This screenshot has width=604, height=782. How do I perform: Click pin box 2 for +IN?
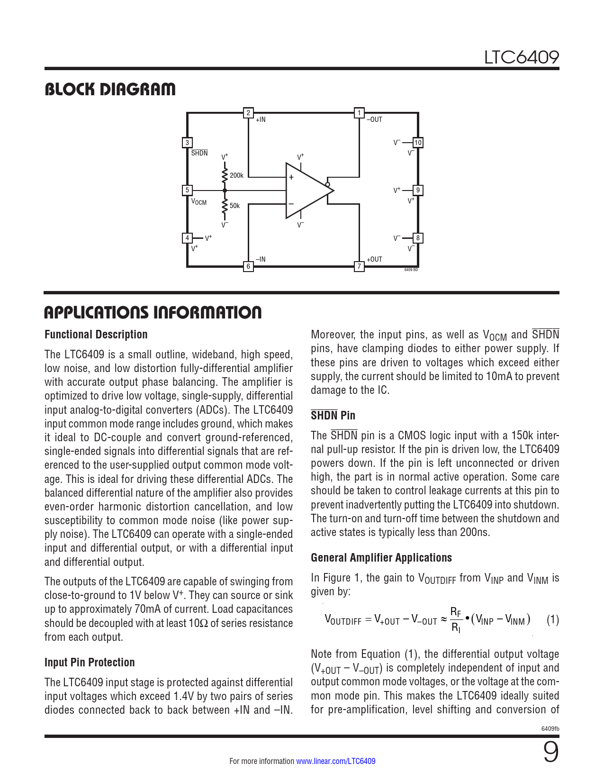[248, 113]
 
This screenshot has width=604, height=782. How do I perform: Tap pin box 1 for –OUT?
[359, 113]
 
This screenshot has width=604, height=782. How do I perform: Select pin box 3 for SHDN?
[187, 143]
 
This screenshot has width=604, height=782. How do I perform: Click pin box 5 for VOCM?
[187, 190]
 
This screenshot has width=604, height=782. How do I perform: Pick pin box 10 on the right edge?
[418, 143]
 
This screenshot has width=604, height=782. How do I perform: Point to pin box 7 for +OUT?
[359, 266]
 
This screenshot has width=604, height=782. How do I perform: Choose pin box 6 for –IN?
[248, 266]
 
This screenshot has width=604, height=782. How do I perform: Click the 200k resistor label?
[236, 175]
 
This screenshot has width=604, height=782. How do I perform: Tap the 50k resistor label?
[235, 206]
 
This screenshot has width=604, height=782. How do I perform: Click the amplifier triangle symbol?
[306, 191]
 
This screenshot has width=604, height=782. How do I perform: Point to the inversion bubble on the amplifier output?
[327, 184]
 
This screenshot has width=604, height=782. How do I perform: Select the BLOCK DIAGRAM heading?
[110, 89]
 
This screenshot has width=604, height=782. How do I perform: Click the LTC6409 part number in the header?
[521, 57]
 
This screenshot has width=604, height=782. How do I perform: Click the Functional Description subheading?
[96, 335]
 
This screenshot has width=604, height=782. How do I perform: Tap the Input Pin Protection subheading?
[90, 663]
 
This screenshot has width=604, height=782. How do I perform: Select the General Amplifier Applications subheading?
[381, 558]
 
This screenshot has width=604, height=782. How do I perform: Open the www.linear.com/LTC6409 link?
[336, 761]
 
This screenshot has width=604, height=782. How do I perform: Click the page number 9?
[550, 753]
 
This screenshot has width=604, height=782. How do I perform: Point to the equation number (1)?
[553, 619]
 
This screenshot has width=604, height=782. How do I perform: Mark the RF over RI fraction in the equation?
[456, 620]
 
